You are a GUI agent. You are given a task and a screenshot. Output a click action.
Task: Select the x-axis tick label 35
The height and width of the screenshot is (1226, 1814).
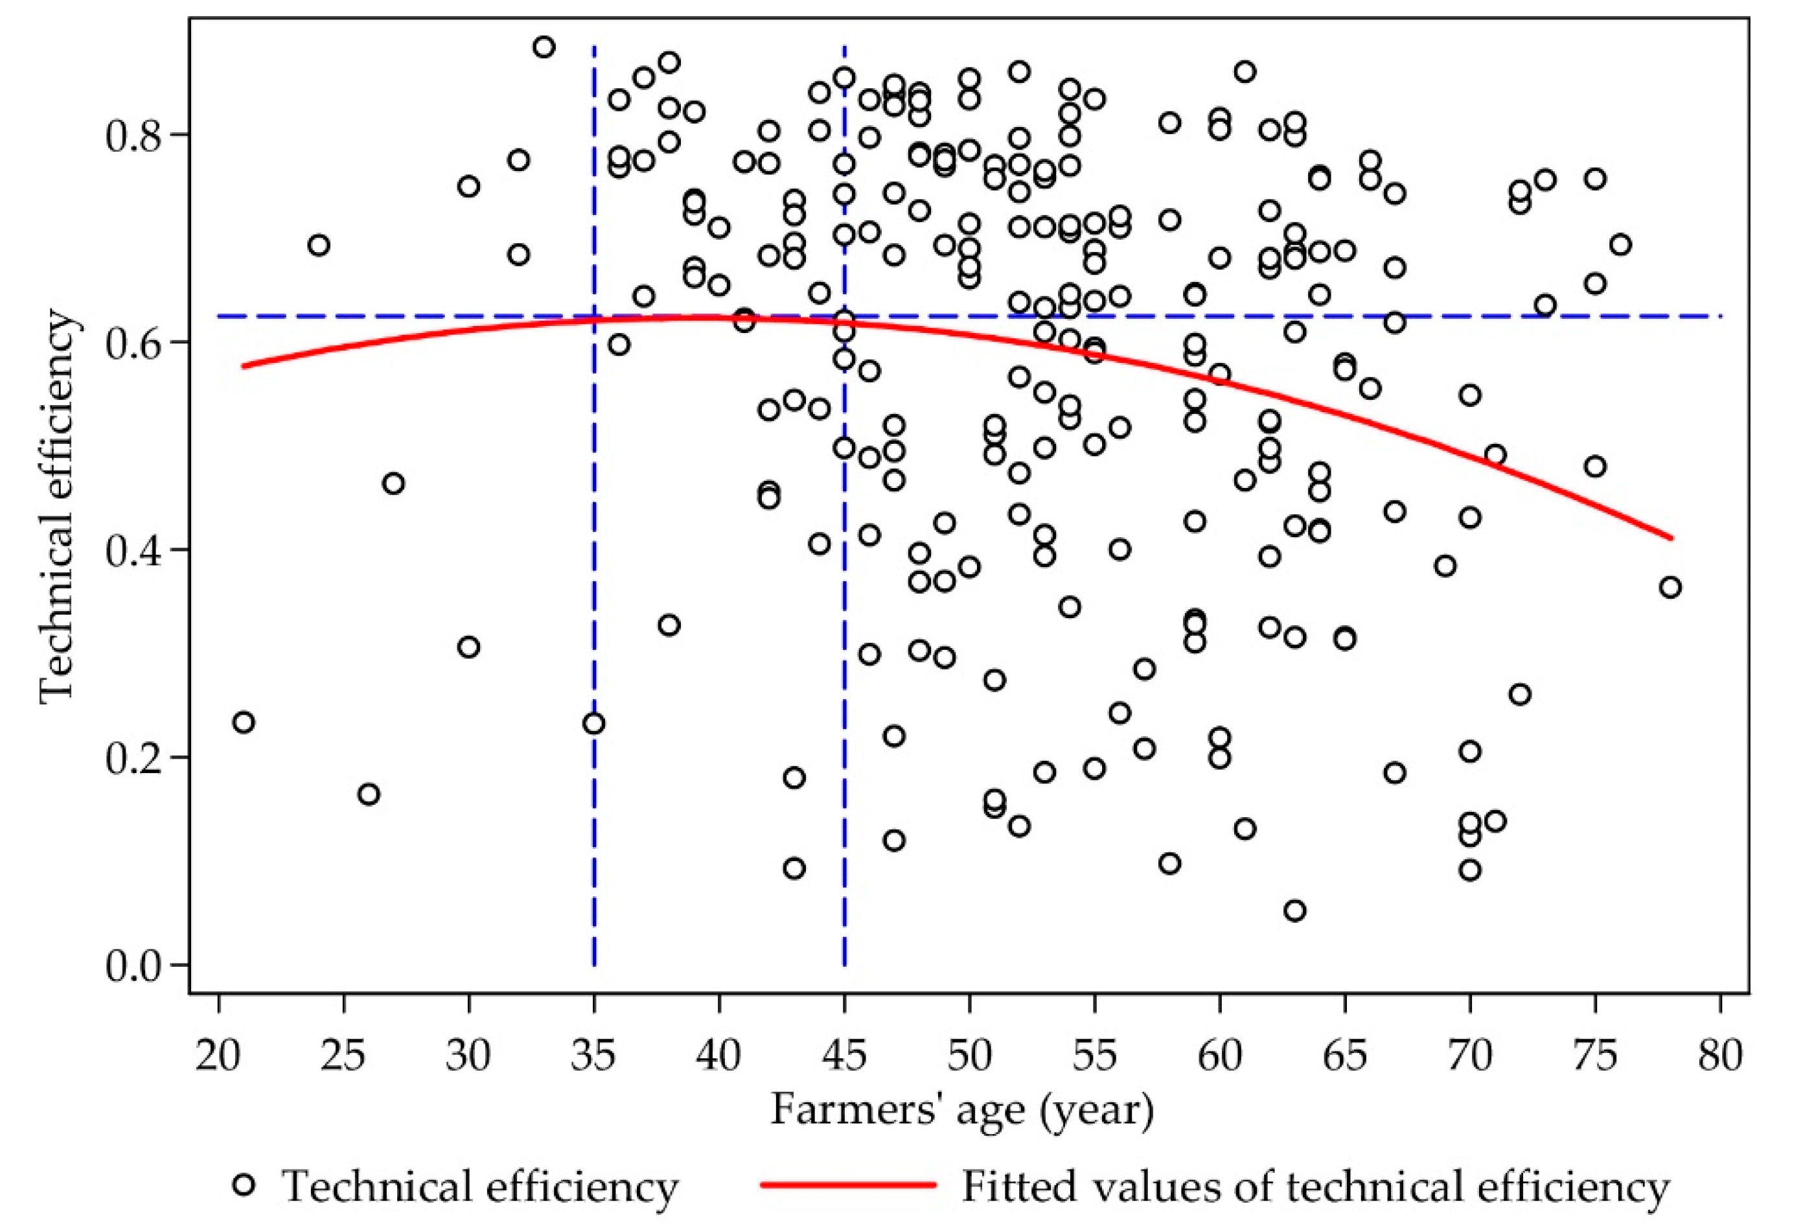594,1056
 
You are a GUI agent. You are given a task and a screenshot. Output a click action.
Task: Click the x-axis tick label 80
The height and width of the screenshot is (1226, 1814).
1720,1056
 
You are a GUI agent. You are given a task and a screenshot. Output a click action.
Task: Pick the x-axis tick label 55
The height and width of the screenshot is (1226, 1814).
1094,1056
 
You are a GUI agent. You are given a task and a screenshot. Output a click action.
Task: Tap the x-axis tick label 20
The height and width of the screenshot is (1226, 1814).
218,1056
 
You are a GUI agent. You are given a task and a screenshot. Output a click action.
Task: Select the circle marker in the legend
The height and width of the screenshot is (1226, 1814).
244,1185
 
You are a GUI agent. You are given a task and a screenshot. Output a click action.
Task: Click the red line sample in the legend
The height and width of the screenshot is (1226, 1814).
847,1185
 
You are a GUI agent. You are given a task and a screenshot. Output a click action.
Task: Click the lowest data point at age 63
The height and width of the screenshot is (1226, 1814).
1295,910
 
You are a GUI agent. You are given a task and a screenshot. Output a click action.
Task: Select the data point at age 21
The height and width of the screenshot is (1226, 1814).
244,723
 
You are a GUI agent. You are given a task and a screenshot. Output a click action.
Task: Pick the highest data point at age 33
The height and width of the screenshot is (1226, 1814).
544,47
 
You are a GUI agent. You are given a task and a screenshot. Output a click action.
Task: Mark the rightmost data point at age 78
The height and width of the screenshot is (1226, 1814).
1670,587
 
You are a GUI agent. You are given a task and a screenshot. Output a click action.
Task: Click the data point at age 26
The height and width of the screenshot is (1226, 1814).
369,794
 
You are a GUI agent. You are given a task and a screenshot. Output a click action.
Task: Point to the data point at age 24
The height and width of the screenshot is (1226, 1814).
319,245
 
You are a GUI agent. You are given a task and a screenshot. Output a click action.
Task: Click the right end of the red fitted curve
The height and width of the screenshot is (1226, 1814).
1670,537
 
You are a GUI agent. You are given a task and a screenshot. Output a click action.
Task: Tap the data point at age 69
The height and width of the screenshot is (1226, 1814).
1445,565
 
